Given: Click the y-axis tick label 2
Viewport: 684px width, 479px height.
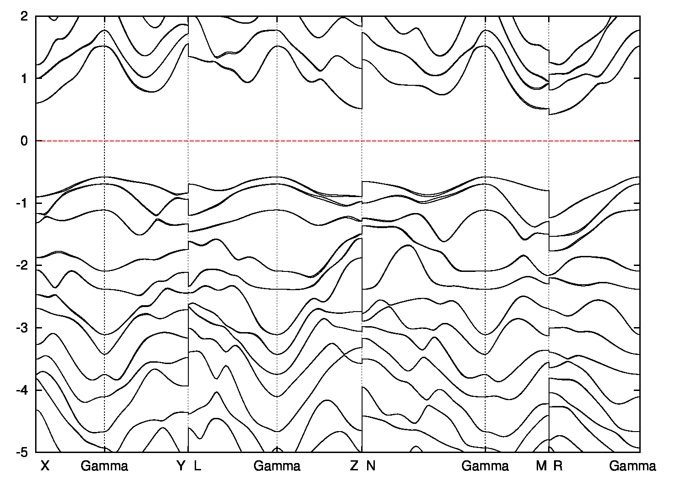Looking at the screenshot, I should [x=25, y=16].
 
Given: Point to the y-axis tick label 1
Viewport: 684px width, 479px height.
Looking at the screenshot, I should [x=25, y=78].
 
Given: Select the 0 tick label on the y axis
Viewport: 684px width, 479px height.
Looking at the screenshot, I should [x=25, y=141].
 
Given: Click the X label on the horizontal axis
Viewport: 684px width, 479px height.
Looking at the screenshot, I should [x=44, y=466].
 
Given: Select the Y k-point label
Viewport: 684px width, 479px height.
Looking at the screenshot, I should [x=181, y=466].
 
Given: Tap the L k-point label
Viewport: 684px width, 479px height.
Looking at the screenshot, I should [x=197, y=466].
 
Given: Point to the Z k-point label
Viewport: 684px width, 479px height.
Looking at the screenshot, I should [x=354, y=466].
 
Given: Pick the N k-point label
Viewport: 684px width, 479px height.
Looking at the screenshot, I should [x=371, y=466].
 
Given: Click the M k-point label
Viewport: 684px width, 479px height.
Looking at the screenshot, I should [x=541, y=466].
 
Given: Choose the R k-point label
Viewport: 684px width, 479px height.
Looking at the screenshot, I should [x=558, y=466].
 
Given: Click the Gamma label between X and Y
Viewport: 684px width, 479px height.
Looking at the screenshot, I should [x=104, y=466].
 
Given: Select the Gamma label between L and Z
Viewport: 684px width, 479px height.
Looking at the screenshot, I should [x=277, y=466].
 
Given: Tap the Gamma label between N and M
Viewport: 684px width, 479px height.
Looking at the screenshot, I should [x=485, y=466].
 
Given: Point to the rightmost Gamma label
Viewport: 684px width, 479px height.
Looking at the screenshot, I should [x=632, y=466].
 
